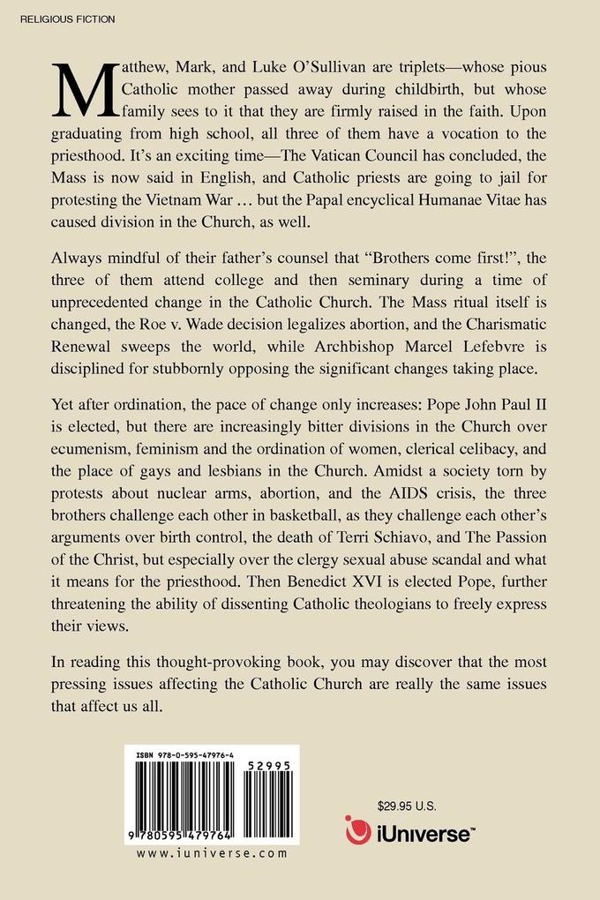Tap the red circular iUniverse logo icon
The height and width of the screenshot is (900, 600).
[358, 830]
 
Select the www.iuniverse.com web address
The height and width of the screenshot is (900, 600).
[213, 853]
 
